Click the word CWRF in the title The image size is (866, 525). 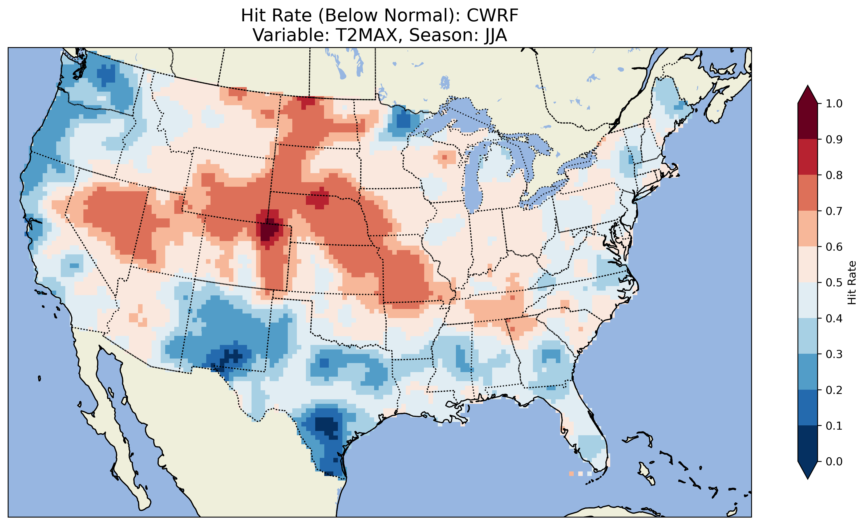pyautogui.click(x=492, y=15)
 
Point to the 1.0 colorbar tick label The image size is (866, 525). pyautogui.click(x=834, y=104)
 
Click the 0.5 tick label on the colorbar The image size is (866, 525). pyautogui.click(x=834, y=283)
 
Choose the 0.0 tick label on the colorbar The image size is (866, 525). pyautogui.click(x=834, y=461)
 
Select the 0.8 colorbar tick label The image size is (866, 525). pyautogui.click(x=834, y=175)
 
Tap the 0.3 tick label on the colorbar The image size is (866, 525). pyautogui.click(x=834, y=354)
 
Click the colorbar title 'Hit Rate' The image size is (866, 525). pyautogui.click(x=852, y=283)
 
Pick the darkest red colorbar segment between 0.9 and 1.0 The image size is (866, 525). pyautogui.click(x=808, y=121)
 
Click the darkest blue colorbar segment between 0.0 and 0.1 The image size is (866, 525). pyautogui.click(x=808, y=443)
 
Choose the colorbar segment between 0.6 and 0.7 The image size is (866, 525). pyautogui.click(x=808, y=229)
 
